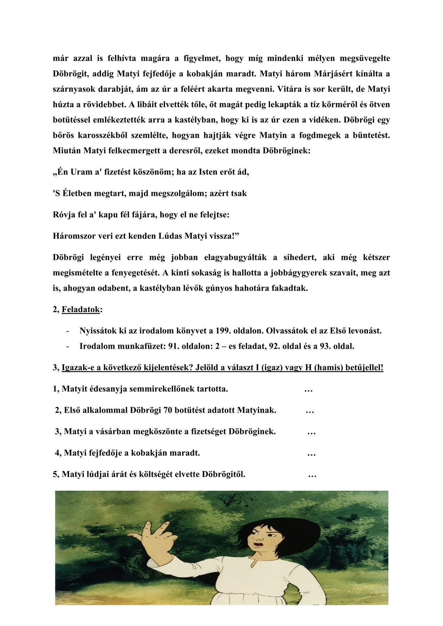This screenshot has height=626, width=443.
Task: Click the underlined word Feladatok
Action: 81,309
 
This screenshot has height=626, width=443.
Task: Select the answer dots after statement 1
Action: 308,389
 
